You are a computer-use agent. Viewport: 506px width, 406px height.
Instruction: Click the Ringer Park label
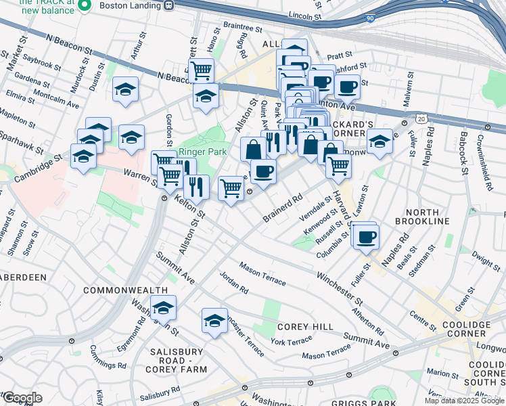coord(202,152)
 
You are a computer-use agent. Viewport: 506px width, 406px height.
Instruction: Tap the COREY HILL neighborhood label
coord(305,327)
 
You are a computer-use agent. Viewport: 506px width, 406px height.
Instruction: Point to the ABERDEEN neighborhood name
coord(22,277)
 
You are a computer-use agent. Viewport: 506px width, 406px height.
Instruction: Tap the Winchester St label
coord(340,287)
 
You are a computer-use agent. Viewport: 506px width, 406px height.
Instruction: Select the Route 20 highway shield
coord(421,118)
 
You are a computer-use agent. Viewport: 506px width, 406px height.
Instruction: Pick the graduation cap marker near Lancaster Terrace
coord(214,321)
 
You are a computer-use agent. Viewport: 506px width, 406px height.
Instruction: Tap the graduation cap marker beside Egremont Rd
coord(163,309)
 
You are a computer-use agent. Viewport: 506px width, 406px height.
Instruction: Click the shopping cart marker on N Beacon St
coord(201,70)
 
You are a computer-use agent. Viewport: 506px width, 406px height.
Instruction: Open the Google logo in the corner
coord(22,398)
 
